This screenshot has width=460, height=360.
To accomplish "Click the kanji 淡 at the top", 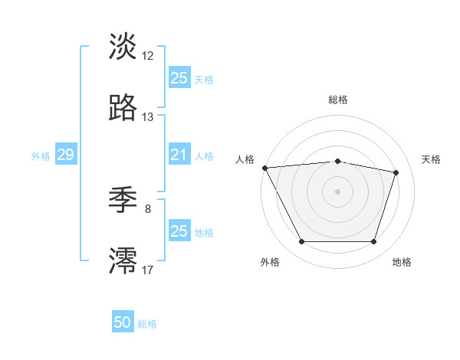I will pyautogui.click(x=123, y=47).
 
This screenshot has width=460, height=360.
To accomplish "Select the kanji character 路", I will pyautogui.click(x=123, y=108).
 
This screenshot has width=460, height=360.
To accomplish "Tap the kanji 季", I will pyautogui.click(x=123, y=201).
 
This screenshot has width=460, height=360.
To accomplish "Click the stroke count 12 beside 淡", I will pyautogui.click(x=148, y=56).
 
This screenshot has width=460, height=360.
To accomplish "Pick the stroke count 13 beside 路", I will pyautogui.click(x=148, y=117).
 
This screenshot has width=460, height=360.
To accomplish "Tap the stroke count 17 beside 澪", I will pyautogui.click(x=148, y=270).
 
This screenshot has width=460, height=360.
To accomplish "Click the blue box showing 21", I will pyautogui.click(x=179, y=155).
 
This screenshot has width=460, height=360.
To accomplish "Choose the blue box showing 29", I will pyautogui.click(x=65, y=155).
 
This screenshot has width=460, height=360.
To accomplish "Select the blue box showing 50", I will pyautogui.click(x=123, y=322).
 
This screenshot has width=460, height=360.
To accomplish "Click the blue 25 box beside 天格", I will pyautogui.click(x=179, y=78).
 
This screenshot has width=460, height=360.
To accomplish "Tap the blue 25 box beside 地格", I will pyautogui.click(x=179, y=231).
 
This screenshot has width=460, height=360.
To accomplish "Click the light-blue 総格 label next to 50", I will pyautogui.click(x=148, y=324).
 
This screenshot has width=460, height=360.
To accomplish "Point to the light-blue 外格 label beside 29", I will pyautogui.click(x=41, y=155).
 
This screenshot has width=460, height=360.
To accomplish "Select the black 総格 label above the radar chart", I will pyautogui.click(x=338, y=100).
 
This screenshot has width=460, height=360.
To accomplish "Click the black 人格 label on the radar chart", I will pyautogui.click(x=245, y=159).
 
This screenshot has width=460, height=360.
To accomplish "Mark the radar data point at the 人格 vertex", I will pyautogui.click(x=264, y=168).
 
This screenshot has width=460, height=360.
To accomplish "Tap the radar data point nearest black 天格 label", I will pyautogui.click(x=396, y=172).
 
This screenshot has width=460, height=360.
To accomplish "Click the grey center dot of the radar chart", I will pyautogui.click(x=338, y=191).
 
